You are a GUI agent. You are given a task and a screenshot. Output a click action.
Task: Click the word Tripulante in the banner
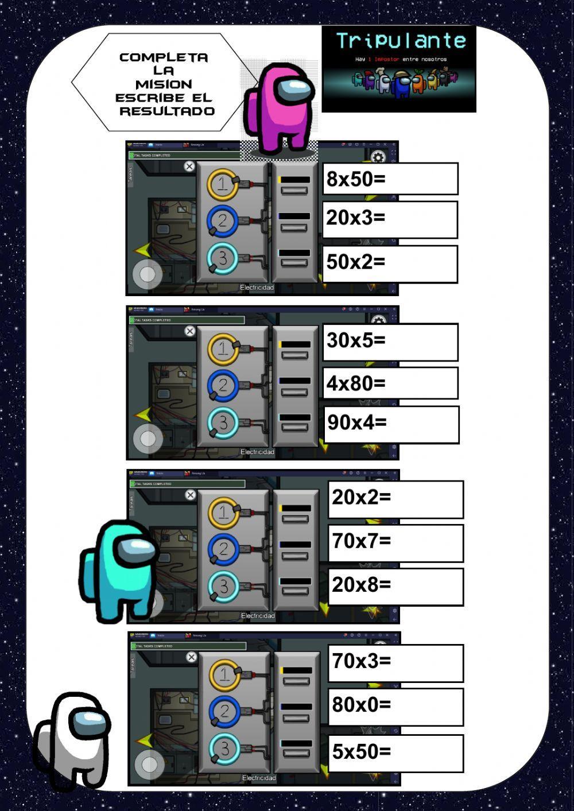click(401, 41)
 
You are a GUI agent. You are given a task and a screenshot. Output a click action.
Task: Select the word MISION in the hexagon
click(164, 84)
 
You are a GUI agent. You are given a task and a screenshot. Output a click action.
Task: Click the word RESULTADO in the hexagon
click(167, 111)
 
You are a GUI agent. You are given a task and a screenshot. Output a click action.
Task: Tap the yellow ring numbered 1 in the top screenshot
click(223, 184)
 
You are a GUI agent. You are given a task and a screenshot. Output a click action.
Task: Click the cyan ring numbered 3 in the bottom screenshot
click(224, 748)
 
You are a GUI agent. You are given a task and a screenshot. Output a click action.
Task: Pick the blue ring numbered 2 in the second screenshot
click(223, 385)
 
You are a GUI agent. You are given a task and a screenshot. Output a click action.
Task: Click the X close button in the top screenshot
click(189, 166)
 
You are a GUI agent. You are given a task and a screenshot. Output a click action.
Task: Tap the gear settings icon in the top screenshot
click(378, 157)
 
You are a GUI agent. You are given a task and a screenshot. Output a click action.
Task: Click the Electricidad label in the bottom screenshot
click(259, 778)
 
